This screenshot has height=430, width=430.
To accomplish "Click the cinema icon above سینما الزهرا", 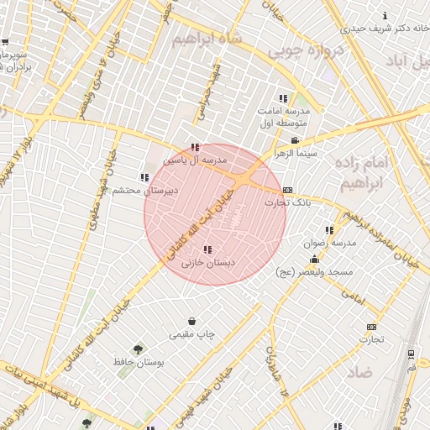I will [294, 140].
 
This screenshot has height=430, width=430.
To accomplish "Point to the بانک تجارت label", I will [288, 202].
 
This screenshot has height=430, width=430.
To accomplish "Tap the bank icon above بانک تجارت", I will [288, 190].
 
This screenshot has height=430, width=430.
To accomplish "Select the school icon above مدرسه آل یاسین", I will [195, 147].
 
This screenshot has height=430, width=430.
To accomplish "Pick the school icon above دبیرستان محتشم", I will [144, 177].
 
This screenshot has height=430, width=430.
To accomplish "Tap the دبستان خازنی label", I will [208, 263].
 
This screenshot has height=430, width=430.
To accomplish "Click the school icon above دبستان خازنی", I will [207, 249].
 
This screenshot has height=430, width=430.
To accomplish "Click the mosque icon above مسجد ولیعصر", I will [314, 260].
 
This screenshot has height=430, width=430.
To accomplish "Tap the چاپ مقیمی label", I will [192, 334].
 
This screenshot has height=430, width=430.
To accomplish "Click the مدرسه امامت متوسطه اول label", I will [284, 117].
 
